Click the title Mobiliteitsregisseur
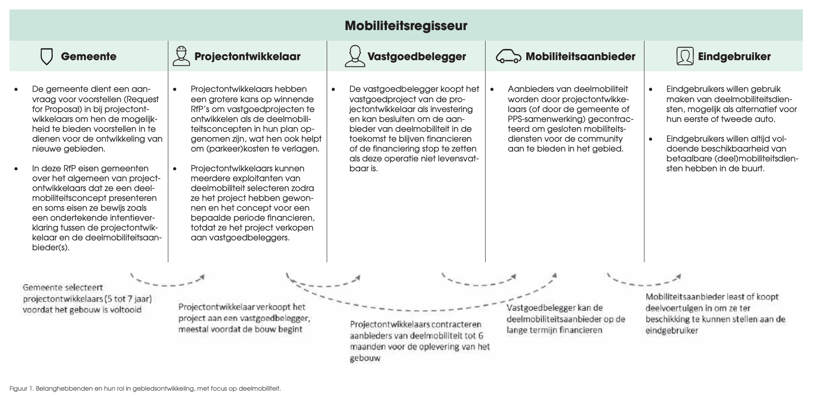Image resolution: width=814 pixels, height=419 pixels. (406, 26)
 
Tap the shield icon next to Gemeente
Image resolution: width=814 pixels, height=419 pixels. (46, 56)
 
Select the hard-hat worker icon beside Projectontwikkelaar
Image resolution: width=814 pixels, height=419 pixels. (181, 56)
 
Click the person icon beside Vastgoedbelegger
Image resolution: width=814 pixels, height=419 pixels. (354, 56)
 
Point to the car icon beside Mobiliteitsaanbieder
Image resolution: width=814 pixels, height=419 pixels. (508, 56)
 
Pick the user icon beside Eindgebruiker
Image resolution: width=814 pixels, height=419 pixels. (684, 56)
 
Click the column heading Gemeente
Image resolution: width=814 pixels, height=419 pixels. (88, 56)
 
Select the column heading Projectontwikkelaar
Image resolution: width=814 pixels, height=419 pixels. (247, 56)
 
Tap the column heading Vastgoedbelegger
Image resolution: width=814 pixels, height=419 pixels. (416, 56)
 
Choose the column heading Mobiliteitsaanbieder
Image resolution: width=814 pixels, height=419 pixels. (580, 56)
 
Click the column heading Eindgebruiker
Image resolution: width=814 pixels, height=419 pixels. (734, 56)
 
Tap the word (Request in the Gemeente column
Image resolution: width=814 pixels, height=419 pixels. (142, 99)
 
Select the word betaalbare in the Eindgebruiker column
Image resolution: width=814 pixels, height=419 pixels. (686, 159)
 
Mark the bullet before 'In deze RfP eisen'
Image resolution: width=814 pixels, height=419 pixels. (16, 169)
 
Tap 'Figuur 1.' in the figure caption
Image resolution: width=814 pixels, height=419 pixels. (21, 389)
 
